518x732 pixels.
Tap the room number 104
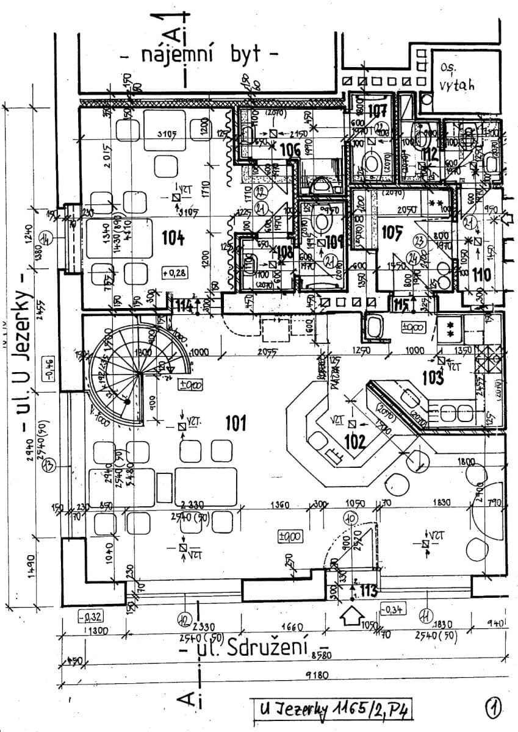pos(173,238)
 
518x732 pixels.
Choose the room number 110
pos(481,275)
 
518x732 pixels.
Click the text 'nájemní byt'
pos(201,56)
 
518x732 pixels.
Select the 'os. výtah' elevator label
pos(455,77)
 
